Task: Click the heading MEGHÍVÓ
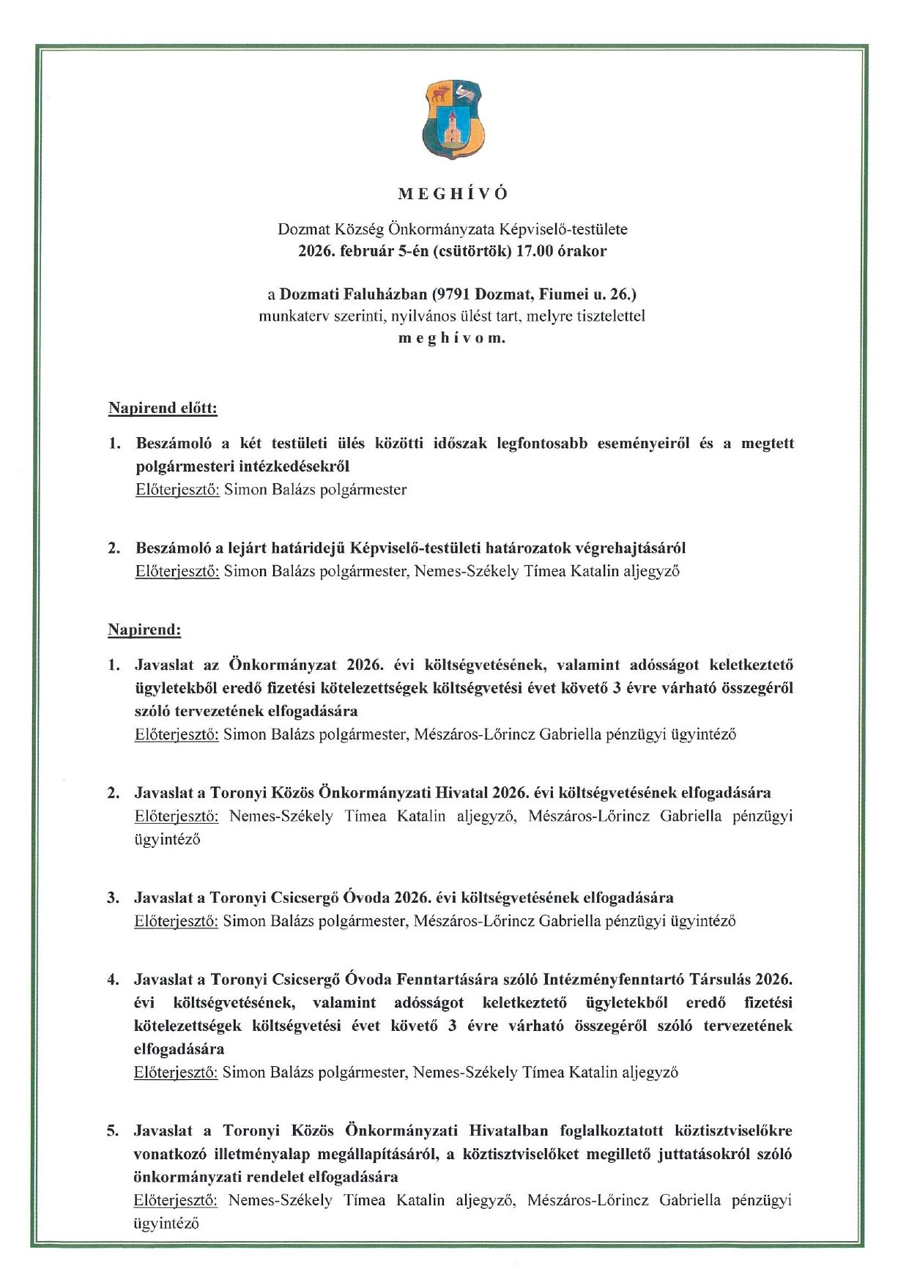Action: coord(453,194)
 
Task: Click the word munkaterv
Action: coord(292,316)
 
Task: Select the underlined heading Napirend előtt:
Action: coord(163,408)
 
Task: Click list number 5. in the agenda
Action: coord(113,1131)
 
